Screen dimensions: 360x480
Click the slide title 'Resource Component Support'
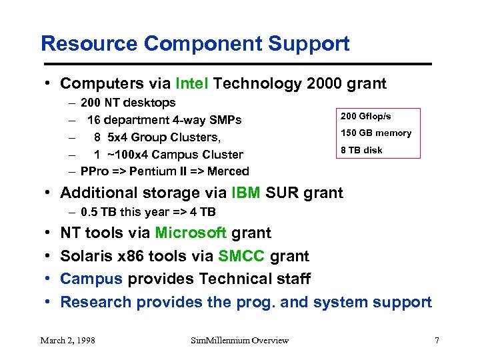(195, 44)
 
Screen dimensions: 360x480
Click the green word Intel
(192, 83)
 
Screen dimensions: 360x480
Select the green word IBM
(246, 193)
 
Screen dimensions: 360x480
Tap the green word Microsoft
(191, 233)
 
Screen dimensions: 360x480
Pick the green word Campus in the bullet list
(90, 279)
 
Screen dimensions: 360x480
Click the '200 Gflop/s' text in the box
(366, 117)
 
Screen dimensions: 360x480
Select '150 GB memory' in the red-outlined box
(376, 133)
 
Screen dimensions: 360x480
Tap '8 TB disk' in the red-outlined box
(361, 150)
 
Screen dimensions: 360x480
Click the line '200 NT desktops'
(128, 103)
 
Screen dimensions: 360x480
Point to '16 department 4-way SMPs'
(164, 120)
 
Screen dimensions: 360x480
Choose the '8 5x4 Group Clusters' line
(157, 137)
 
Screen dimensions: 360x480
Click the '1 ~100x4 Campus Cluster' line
(167, 155)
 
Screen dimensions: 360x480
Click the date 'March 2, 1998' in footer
(67, 341)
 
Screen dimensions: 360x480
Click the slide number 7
(437, 341)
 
